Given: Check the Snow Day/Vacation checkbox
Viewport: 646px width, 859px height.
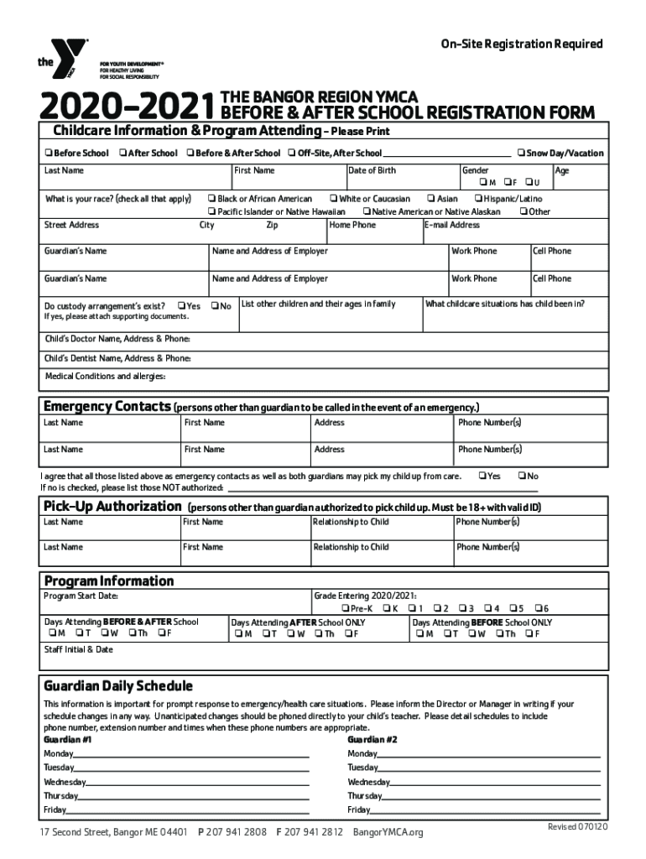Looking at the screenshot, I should point(521,154).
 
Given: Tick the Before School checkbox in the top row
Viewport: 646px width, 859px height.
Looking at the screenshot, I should point(49,154).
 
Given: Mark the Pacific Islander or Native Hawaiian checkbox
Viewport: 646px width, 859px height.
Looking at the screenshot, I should point(211,212).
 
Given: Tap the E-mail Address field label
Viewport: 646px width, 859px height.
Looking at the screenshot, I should point(453,226).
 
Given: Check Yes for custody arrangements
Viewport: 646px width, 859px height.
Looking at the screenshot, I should point(180,306).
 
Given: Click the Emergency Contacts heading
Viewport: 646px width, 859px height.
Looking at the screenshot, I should point(107,407).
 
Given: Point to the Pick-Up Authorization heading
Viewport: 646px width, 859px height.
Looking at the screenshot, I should point(112,507).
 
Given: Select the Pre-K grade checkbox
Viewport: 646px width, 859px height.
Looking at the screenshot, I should point(345,608).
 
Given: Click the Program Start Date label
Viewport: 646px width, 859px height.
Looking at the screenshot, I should point(81,596).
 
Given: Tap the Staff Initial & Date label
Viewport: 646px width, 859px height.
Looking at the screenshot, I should point(78,650).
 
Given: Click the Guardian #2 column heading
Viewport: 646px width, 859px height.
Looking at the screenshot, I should point(372,741).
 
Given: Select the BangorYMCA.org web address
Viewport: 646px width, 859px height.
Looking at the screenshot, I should point(388,832).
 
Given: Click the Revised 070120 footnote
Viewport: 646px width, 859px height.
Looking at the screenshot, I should point(577,827).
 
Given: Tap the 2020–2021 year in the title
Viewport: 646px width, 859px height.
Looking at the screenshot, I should point(123,108).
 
